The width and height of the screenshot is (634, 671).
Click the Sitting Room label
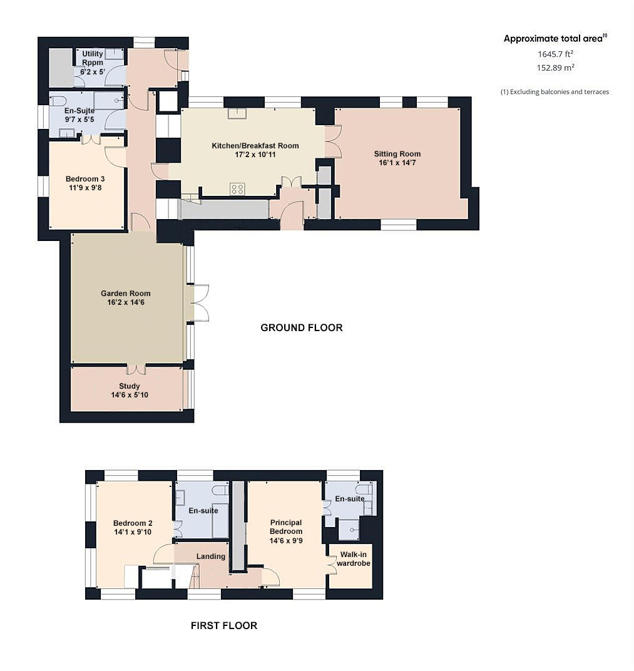(397, 154)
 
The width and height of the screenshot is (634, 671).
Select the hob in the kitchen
(237, 188)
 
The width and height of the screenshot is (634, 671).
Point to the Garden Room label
(126, 294)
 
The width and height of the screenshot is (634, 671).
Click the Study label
(129, 386)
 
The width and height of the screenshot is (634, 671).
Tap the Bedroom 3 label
(84, 179)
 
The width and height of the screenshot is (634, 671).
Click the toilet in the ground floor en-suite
(58, 101)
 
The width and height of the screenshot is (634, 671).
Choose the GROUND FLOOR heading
(301, 327)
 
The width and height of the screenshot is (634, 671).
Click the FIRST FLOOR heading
(223, 625)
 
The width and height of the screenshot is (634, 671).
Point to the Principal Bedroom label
(285, 526)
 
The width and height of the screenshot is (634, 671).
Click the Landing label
(210, 556)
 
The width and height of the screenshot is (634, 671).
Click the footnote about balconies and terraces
(555, 92)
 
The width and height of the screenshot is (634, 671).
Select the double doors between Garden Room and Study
(137, 366)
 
